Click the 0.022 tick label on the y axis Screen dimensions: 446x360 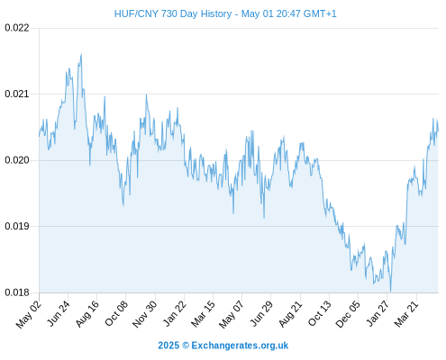click(17, 28)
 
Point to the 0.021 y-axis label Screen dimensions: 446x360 click(17, 94)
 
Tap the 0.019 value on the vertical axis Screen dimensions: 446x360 click(17, 226)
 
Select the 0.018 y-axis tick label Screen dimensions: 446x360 click(17, 292)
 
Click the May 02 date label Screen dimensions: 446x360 click(29, 315)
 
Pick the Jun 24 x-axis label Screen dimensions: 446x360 click(59, 313)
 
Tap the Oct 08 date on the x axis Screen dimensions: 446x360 click(116, 313)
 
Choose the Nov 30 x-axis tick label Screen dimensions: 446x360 click(144, 314)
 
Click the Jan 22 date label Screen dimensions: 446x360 click(174, 313)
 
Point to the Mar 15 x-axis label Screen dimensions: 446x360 click(203, 314)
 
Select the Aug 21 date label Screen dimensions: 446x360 click(290, 314)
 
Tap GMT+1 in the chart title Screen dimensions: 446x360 click(320, 13)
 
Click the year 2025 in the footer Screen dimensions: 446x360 click(168, 346)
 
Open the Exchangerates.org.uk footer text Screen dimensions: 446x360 click(240, 346)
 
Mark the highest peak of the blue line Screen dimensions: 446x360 click(81, 54)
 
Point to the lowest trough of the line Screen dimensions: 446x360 click(390, 291)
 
